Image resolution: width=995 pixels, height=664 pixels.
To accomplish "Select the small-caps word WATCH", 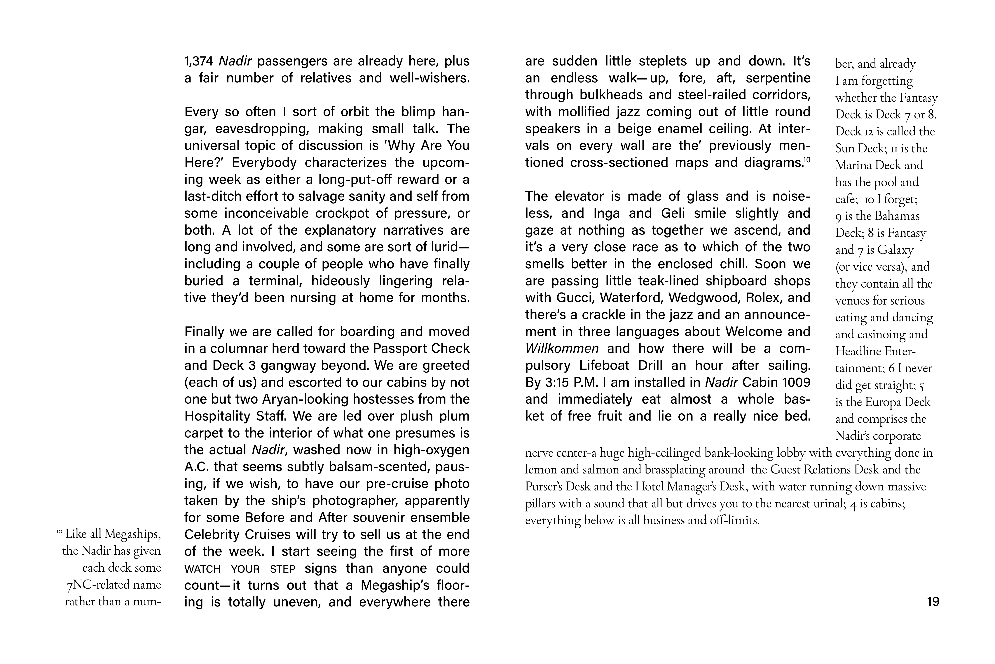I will pyautogui.click(x=202, y=569).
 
